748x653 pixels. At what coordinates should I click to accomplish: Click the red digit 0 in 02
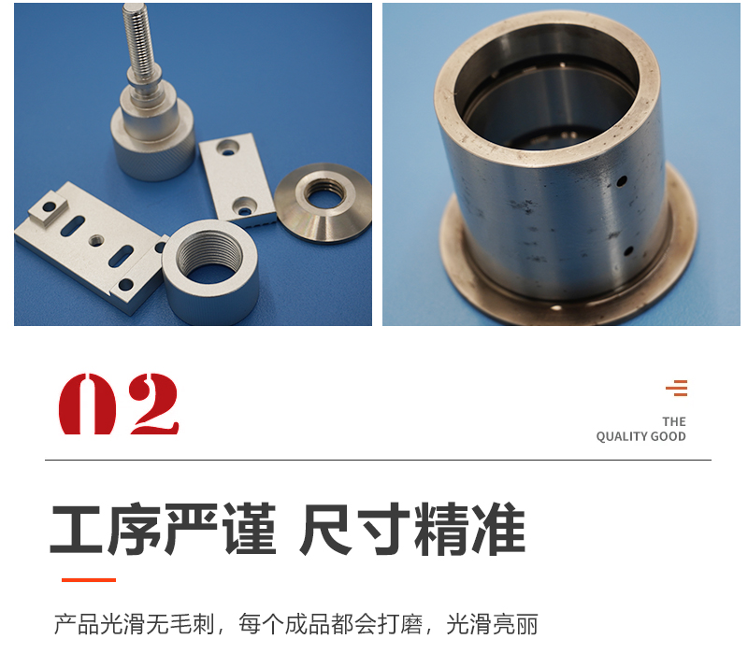click(x=87, y=404)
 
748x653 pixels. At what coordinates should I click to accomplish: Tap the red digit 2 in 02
click(x=153, y=404)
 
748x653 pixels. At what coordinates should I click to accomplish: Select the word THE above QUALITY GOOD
click(x=673, y=421)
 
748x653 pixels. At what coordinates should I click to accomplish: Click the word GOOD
click(x=668, y=436)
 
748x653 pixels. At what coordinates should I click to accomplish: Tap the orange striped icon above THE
click(x=676, y=388)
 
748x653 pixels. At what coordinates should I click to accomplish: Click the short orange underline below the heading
click(x=89, y=580)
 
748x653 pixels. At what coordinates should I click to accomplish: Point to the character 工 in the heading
click(x=77, y=529)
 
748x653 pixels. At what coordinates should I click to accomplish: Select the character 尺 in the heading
click(x=325, y=529)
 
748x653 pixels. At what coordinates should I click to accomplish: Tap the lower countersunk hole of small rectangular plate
click(x=245, y=206)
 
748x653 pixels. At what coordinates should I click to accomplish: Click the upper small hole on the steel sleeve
click(x=622, y=181)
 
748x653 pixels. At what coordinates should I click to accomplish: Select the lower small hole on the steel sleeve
click(x=628, y=250)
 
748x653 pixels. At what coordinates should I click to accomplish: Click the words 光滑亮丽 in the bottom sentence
click(x=492, y=624)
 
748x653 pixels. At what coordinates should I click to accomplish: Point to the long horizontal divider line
click(x=378, y=460)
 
